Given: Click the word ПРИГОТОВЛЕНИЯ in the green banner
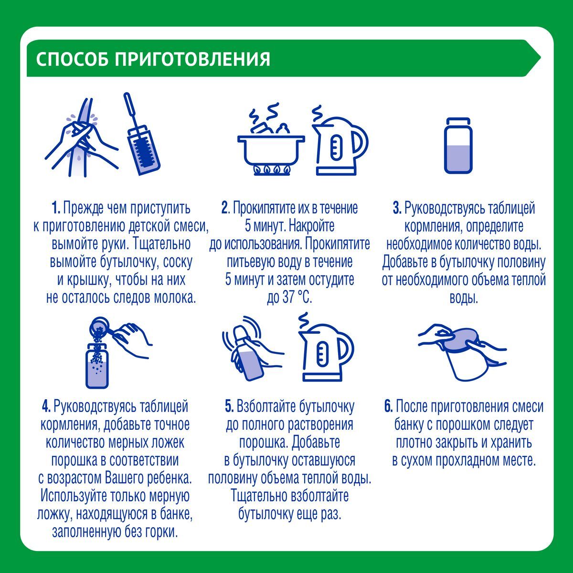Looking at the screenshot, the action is [x=192, y=59].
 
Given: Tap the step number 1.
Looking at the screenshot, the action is [x=55, y=208].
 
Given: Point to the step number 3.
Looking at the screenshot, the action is [x=397, y=208].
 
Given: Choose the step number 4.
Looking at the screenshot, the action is [x=46, y=406].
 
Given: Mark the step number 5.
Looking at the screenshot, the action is [x=229, y=406].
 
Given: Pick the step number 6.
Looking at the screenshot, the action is [x=389, y=406].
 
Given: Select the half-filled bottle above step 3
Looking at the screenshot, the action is [x=458, y=146].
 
